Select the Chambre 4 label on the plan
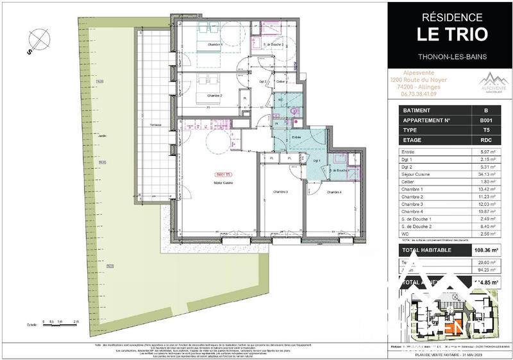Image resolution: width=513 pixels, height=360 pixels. pos(335,192)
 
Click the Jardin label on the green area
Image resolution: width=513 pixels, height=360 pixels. pos(103,135)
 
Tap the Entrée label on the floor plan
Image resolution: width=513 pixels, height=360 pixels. pos(297,137)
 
